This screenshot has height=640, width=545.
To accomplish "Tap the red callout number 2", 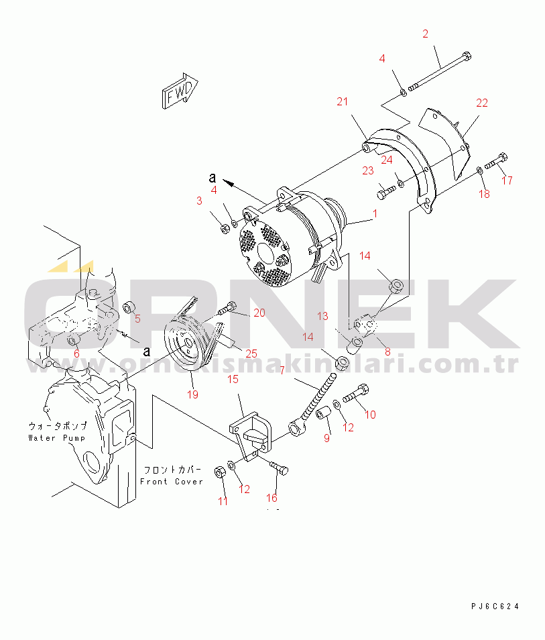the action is point(425,34).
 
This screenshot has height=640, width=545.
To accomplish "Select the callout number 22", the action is point(482,103).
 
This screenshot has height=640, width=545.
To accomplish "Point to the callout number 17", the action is point(507,180).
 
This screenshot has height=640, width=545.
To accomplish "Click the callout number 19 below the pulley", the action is point(192,394).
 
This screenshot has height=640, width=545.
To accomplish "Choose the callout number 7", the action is point(282,370).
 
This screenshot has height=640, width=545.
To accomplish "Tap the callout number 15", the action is point(233,380).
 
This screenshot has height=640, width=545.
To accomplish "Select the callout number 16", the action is point(271,498).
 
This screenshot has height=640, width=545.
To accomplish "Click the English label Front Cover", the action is point(171,482).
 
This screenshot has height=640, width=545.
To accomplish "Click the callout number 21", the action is point(343,102).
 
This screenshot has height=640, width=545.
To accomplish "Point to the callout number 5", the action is point(137,319).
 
